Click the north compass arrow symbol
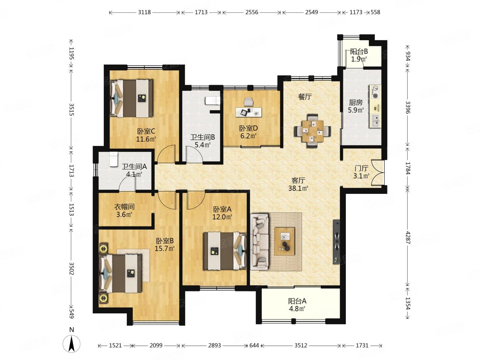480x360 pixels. tap(71, 344)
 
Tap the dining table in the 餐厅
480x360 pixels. tap(312, 131)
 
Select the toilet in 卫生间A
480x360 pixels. tap(114, 159)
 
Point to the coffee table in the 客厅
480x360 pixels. tap(284, 241)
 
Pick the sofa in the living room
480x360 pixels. tap(259, 242)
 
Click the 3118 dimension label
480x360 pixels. tap(144, 12)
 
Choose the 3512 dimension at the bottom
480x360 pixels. tap(301, 345)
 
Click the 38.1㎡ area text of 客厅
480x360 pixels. tap(298, 188)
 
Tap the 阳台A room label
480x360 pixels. tap(297, 301)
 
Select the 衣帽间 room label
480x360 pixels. tap(124, 207)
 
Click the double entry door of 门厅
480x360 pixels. tap(378, 173)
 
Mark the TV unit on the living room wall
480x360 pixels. tap(336, 242)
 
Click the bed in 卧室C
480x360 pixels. tap(131, 98)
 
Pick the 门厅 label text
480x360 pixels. tap(361, 168)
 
